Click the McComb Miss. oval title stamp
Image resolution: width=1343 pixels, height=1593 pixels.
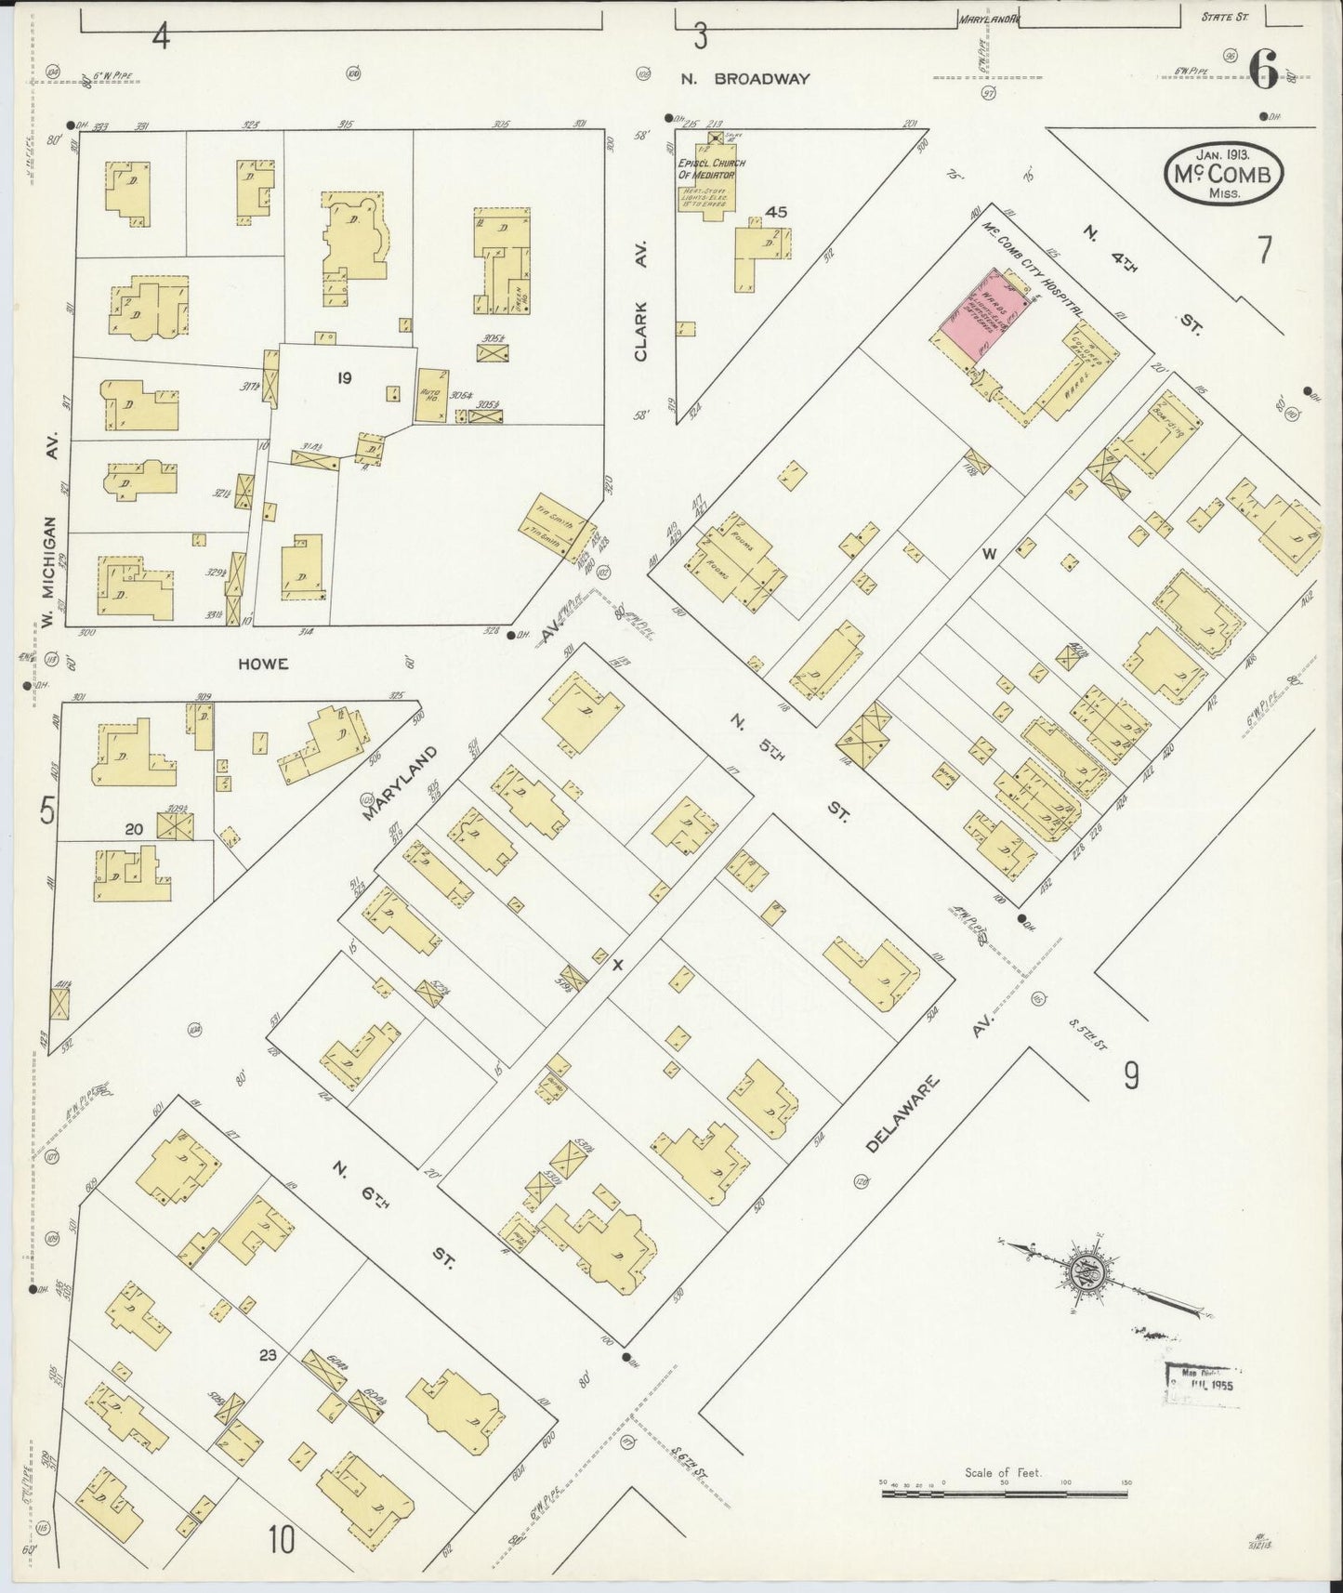1223,175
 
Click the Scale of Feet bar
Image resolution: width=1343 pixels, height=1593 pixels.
1004,1494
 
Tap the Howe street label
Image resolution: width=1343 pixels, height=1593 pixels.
263,664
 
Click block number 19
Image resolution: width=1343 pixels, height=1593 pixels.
345,378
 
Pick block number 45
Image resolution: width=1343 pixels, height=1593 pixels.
776,212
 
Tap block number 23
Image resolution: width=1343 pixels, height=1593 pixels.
268,1356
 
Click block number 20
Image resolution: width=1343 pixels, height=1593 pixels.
134,829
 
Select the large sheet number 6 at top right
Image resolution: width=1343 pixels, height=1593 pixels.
1265,70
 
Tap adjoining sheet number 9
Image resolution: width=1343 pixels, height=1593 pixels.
1131,1075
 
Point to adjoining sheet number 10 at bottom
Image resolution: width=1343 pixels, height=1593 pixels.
282,1539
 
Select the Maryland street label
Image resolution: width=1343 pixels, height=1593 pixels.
399,783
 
